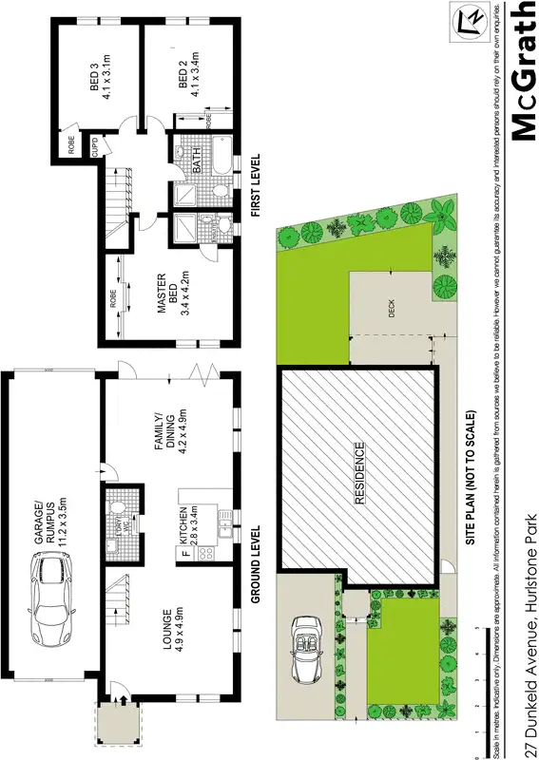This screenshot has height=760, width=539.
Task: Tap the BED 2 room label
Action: pos(189,75)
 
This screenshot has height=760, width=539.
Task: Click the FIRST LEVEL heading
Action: pos(256,186)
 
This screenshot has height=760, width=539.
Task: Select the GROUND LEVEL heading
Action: pos(255,566)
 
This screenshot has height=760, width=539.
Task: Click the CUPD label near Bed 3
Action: pos(94,147)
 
